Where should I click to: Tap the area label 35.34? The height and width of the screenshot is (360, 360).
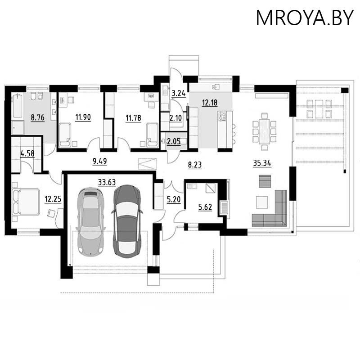(x=261, y=163)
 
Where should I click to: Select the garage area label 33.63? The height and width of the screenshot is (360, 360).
(x=107, y=182)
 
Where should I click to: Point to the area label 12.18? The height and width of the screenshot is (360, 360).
(x=210, y=103)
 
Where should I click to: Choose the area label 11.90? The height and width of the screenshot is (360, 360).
(x=83, y=118)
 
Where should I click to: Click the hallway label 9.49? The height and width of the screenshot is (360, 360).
(x=99, y=161)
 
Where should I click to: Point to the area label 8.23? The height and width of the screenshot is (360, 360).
(x=194, y=165)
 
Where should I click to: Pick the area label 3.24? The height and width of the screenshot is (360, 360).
(x=179, y=94)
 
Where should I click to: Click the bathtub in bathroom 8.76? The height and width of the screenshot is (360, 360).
(x=18, y=104)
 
